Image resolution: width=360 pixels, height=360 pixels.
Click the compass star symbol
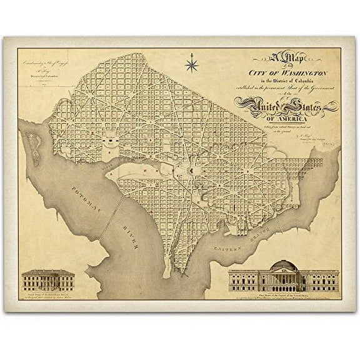point(192,63)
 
